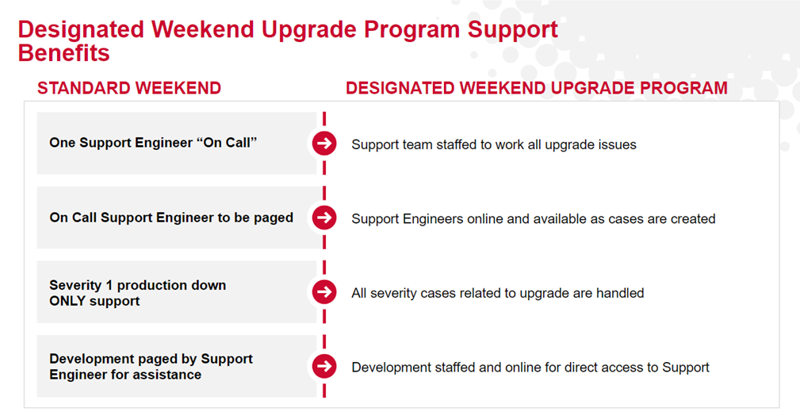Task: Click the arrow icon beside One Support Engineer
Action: pos(324,144)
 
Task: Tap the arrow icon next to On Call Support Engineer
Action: pos(324,218)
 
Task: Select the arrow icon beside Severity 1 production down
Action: pos(324,291)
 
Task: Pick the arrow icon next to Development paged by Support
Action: pos(324,366)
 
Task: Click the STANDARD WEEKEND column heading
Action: pos(129,88)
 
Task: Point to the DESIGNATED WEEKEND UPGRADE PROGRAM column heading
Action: pos(537,88)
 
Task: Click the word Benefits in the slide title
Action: pos(63,53)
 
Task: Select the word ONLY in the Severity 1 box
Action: pos(64,301)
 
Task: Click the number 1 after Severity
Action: pos(109,286)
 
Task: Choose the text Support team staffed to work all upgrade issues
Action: pos(494,145)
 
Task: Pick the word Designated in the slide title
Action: pos(81,29)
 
